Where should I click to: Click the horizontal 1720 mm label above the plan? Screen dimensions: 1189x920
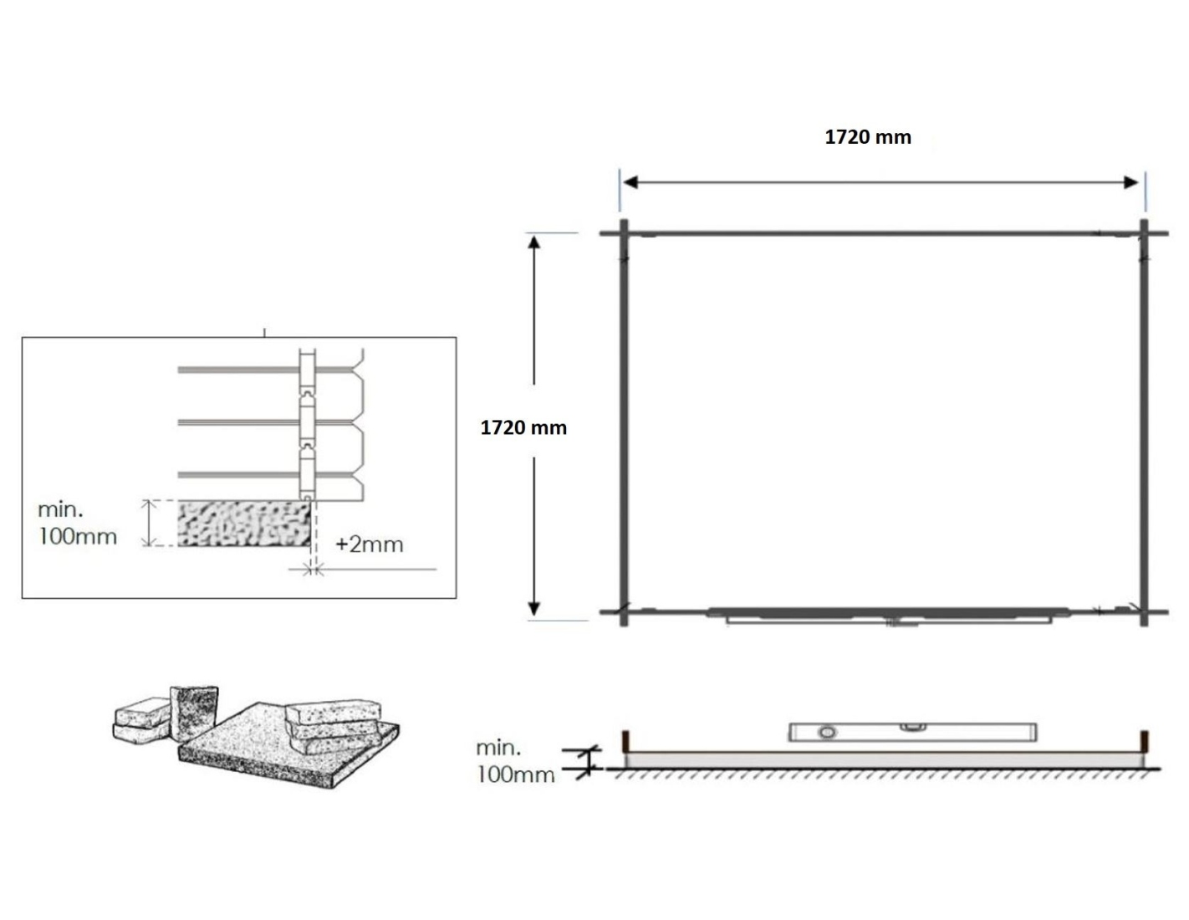coord(868,137)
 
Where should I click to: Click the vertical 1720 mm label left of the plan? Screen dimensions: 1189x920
coord(523,427)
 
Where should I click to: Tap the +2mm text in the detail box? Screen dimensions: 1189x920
coord(370,544)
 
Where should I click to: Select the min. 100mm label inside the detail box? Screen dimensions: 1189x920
coord(77,524)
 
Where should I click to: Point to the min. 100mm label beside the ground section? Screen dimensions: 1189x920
coord(515,761)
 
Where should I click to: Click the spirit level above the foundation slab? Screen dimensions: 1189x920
coord(913,733)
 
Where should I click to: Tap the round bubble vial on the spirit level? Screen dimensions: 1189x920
coord(827,733)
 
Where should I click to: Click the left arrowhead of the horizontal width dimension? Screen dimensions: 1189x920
coord(630,182)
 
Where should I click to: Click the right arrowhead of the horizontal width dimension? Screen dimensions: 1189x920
coord(1131,182)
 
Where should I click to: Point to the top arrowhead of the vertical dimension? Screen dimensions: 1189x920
coord(534,242)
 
